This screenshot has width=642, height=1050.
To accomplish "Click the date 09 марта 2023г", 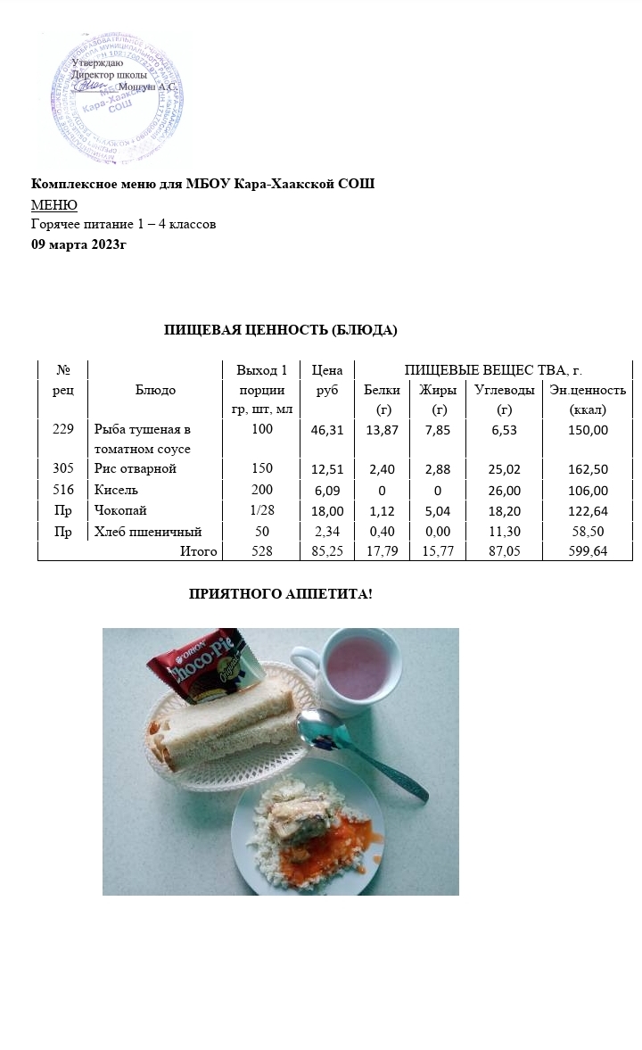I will pyautogui.click(x=79, y=244).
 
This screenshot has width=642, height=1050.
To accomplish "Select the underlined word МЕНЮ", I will pyautogui.click(x=54, y=205).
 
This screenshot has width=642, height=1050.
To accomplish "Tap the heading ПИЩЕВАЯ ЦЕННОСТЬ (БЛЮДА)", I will pyautogui.click(x=280, y=330).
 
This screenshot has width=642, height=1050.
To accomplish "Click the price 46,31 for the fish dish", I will pyautogui.click(x=327, y=430).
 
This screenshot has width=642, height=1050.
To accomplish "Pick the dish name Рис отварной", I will pyautogui.click(x=136, y=468).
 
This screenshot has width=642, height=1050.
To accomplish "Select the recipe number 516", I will pyautogui.click(x=63, y=490).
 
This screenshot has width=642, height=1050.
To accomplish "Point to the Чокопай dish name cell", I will pyautogui.click(x=120, y=510).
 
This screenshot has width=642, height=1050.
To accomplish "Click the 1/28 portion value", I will pyautogui.click(x=261, y=510).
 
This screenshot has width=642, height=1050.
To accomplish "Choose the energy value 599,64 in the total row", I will pyautogui.click(x=588, y=552).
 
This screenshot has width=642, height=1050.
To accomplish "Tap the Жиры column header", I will pyautogui.click(x=439, y=390).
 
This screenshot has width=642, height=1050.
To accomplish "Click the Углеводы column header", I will pyautogui.click(x=504, y=390).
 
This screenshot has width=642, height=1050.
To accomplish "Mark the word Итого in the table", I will pyautogui.click(x=199, y=551).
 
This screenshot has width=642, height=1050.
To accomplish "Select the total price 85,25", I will pyautogui.click(x=327, y=552).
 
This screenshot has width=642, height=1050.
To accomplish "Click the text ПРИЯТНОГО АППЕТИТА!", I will pyautogui.click(x=280, y=593).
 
